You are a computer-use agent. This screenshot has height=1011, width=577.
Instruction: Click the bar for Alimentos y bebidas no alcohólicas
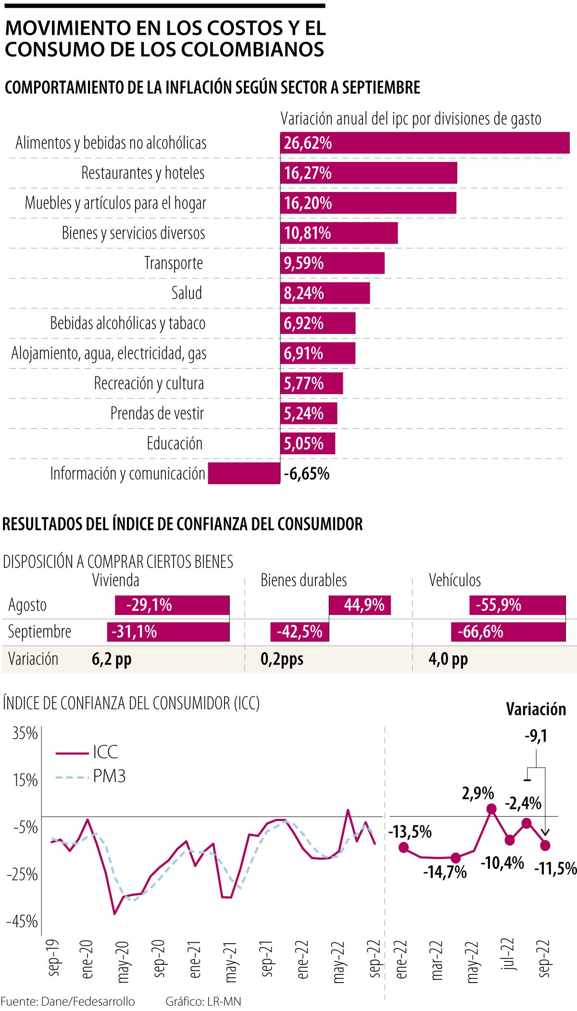tap(425, 143)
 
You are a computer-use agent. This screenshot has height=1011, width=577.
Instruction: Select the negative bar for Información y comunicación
tap(244, 474)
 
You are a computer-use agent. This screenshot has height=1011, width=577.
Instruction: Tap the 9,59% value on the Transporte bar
tap(303, 263)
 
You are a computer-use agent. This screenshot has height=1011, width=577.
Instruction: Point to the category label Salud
tap(187, 293)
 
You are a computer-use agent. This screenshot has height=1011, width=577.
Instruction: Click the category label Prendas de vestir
tap(157, 413)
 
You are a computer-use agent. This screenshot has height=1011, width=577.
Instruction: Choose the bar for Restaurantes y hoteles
tap(368, 173)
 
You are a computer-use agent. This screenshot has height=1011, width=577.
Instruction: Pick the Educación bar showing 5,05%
tap(308, 443)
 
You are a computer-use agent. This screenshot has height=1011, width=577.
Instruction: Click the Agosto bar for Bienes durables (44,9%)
tap(360, 605)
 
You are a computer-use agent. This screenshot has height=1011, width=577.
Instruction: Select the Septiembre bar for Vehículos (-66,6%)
tap(508, 631)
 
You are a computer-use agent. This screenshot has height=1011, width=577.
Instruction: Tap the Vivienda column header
tap(116, 580)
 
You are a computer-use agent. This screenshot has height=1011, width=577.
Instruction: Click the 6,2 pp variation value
tap(112, 659)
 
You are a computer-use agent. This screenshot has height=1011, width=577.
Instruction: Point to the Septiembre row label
tap(39, 631)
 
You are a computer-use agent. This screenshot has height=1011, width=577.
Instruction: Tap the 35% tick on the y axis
tap(25, 734)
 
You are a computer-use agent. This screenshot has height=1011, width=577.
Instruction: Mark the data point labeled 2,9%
tap(491, 809)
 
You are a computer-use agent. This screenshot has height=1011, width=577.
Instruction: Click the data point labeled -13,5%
tap(403, 847)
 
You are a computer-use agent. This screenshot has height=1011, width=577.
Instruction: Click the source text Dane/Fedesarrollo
tap(88, 1001)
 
